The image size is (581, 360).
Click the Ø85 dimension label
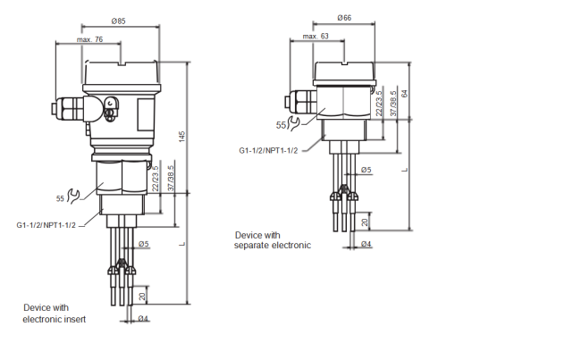[119, 21]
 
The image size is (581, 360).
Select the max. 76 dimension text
[89, 39]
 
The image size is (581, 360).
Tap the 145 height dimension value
[181, 137]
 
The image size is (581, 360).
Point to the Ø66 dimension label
[344, 18]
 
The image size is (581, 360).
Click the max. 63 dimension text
[316, 36]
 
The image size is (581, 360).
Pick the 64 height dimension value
[404, 93]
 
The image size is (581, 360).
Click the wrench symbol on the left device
[73, 197]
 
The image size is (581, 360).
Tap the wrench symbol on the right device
[293, 123]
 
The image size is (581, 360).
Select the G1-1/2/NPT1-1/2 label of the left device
[46, 225]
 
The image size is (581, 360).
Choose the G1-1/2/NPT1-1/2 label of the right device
[268, 150]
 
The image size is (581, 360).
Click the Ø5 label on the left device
[144, 244]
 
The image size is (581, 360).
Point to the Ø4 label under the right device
[366, 244]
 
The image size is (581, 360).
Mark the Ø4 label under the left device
[143, 318]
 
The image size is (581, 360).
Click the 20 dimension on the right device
[365, 222]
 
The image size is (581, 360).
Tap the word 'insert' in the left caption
[75, 319]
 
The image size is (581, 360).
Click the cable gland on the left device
[67, 109]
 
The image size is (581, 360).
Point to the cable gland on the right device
[300, 101]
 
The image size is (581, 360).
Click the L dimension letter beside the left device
[181, 244]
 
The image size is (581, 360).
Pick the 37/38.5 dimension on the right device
[393, 104]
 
